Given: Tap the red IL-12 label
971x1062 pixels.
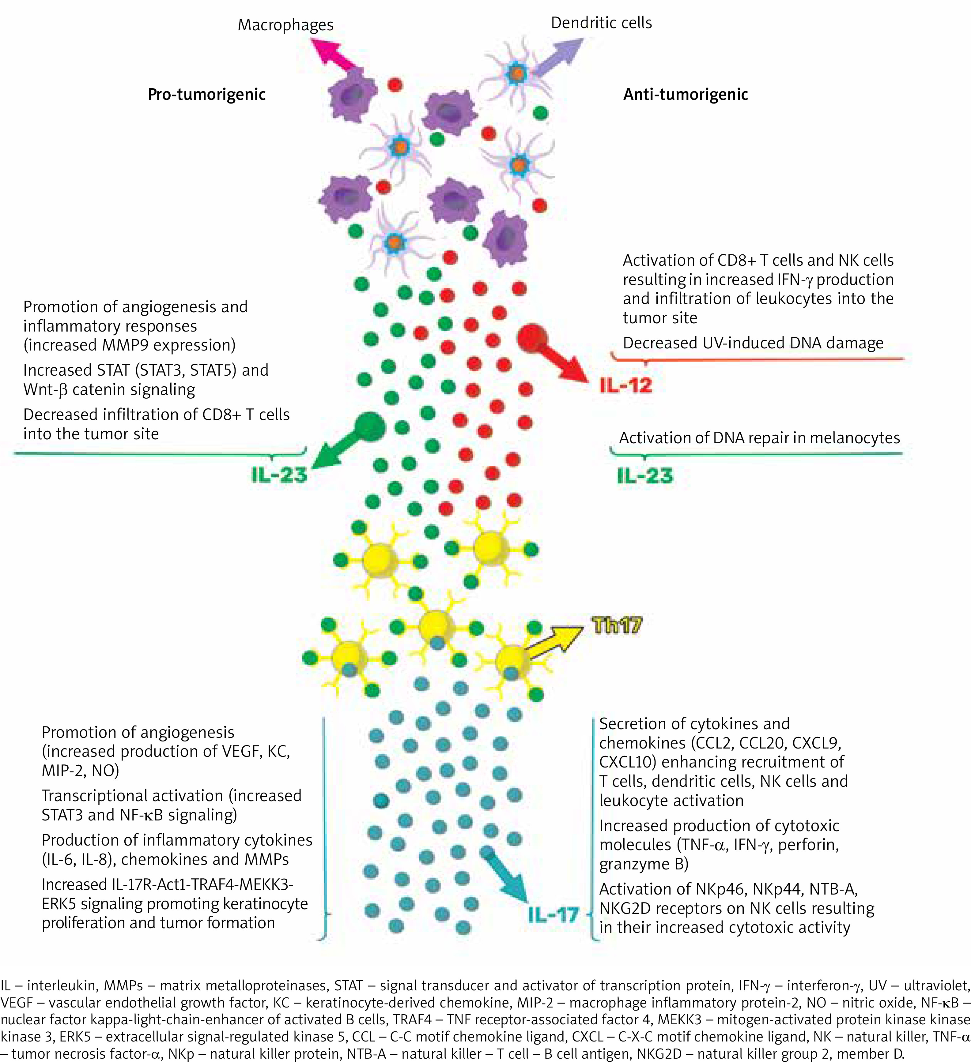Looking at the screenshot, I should [626, 386].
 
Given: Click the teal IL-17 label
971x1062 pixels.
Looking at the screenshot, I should [553, 915].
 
